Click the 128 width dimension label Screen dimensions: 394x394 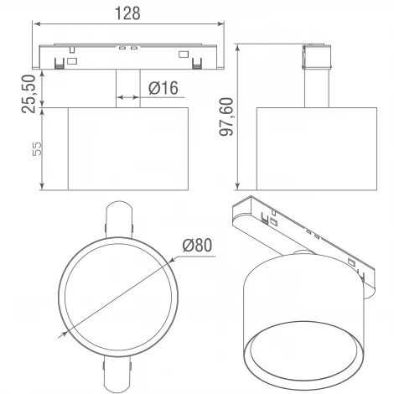point(127,13)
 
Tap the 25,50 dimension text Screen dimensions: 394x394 point(29,94)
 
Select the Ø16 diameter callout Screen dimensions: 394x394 point(163,88)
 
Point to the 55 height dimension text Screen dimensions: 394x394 point(37,149)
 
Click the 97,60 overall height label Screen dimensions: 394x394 point(226,117)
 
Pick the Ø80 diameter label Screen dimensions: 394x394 point(197,245)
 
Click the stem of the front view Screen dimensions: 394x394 point(127,88)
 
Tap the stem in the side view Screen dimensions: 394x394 point(317,88)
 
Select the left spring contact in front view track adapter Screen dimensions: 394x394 point(59,64)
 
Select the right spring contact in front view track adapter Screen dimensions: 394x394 point(197,64)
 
